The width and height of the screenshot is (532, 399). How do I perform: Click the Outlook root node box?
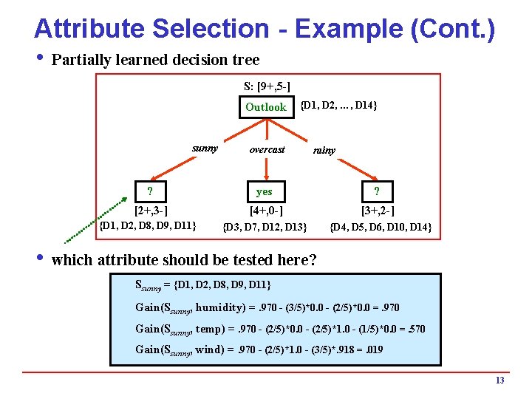(265, 107)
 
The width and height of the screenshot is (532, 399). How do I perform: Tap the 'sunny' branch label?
(205, 149)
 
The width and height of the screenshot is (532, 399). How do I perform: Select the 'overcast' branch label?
(267, 149)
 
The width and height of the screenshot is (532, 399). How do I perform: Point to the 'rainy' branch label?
(324, 151)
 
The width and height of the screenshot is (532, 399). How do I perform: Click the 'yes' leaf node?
(265, 192)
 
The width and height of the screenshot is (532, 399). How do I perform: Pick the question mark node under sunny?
(150, 192)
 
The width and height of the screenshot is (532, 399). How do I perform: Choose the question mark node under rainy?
(377, 192)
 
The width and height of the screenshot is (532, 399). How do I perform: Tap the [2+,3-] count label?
(150, 211)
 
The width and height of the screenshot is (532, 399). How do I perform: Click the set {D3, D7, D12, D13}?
(265, 226)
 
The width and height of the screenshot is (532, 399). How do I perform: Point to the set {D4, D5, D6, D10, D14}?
(381, 226)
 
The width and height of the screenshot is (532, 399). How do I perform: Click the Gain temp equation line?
(281, 329)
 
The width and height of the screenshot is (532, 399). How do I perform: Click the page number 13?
(500, 381)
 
